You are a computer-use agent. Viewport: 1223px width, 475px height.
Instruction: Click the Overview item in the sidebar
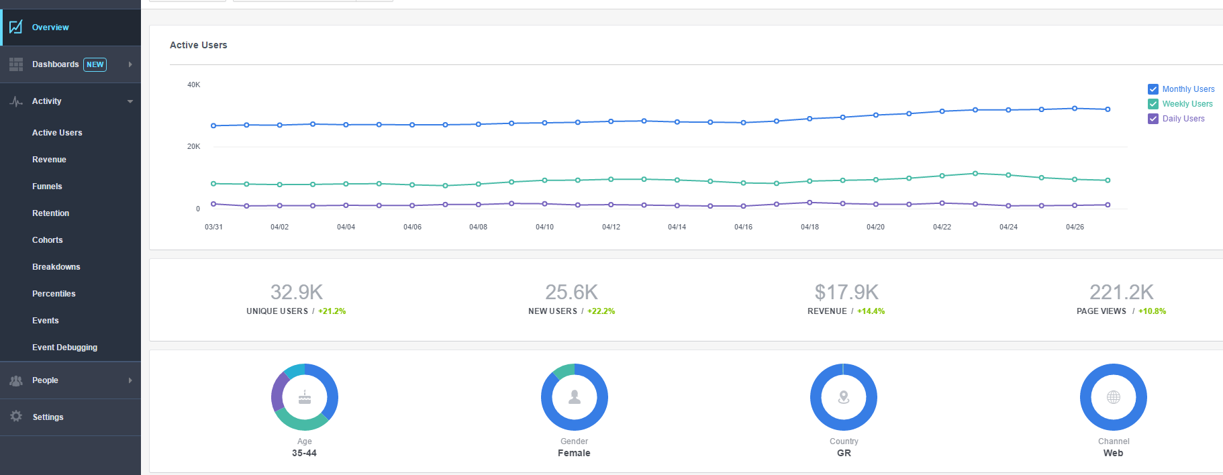click(50, 28)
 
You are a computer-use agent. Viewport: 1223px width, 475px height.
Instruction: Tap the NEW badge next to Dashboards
click(95, 64)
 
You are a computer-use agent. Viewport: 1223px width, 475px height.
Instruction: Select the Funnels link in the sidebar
click(47, 187)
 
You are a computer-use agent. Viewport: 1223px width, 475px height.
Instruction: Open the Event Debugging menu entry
click(64, 348)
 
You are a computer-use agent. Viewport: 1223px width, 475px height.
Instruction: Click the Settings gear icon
click(16, 417)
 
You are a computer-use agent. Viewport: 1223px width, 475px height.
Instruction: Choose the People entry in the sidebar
click(45, 380)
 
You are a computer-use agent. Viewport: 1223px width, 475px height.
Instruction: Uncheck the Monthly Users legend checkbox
click(1153, 89)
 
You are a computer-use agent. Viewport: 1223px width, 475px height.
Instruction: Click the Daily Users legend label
click(1183, 119)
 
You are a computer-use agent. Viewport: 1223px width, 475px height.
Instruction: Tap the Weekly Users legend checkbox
click(1153, 104)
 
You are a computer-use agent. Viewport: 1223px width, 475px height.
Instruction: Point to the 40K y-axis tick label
click(193, 85)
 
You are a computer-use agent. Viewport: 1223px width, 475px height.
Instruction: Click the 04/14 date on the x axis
click(677, 227)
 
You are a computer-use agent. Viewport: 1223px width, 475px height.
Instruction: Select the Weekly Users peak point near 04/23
click(975, 173)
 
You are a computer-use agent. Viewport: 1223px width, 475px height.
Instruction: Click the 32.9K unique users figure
click(296, 292)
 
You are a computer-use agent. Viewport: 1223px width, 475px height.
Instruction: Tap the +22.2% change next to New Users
click(601, 311)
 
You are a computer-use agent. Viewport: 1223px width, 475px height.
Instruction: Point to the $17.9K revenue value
click(846, 292)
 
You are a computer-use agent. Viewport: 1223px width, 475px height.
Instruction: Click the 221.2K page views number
click(1121, 292)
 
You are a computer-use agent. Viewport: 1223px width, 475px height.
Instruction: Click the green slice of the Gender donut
click(563, 371)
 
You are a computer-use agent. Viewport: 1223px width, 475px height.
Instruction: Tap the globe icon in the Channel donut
click(1114, 397)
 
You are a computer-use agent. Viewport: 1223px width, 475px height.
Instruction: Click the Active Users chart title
click(198, 45)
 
